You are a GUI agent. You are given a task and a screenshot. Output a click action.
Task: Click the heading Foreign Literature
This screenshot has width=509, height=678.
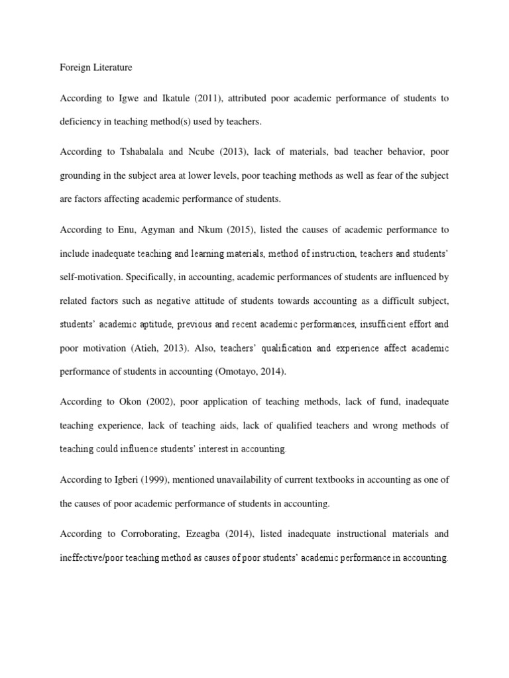point(95,67)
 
